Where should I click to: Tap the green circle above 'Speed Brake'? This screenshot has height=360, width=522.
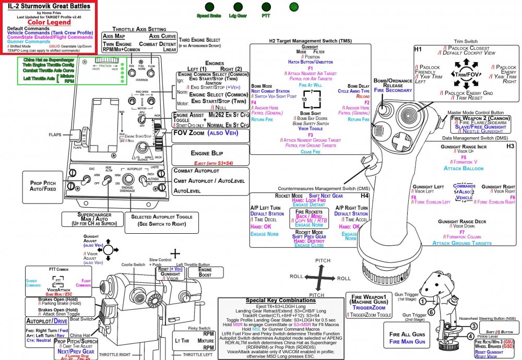point(209,7)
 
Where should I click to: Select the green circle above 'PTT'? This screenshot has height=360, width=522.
point(266,7)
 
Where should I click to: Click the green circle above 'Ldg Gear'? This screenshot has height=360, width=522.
point(238,7)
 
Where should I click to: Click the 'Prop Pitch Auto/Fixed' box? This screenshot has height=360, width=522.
point(42,186)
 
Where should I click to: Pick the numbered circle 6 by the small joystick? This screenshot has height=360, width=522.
point(431,312)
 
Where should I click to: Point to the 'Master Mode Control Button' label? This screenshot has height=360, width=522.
point(476,112)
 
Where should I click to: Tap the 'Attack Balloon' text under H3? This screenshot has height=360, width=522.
point(464,169)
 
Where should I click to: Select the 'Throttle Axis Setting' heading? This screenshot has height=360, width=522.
point(135,29)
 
